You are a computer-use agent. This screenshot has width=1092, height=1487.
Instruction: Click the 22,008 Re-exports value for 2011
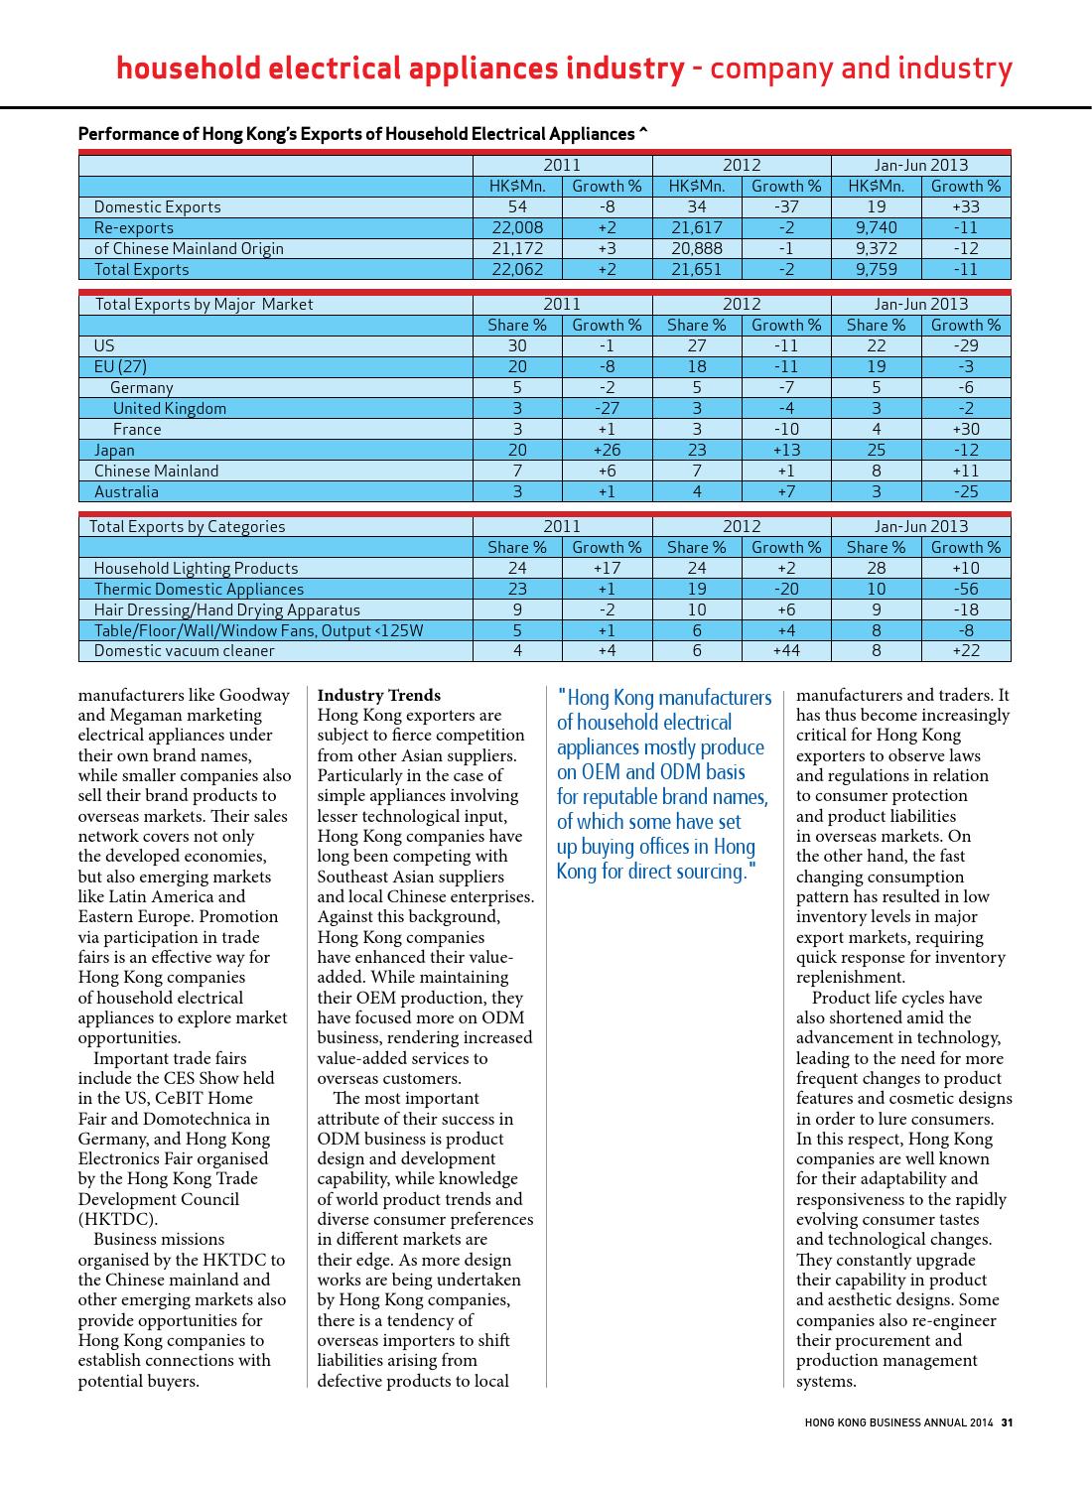click(x=517, y=227)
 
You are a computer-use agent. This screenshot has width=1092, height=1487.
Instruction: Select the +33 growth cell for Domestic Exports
click(x=965, y=206)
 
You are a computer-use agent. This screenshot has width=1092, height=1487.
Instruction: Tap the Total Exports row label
click(x=141, y=269)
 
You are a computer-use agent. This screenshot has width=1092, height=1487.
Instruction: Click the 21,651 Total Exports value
click(x=697, y=269)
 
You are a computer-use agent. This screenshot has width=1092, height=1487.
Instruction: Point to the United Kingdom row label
click(x=169, y=408)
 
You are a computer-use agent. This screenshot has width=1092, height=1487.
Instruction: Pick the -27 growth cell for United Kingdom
click(x=607, y=408)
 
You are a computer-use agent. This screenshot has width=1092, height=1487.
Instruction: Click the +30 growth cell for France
click(x=965, y=429)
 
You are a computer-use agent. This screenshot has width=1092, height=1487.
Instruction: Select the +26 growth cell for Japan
click(x=607, y=450)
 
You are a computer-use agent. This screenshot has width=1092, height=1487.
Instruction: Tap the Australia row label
click(x=126, y=491)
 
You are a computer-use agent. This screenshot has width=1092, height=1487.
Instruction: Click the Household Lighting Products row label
click(x=196, y=568)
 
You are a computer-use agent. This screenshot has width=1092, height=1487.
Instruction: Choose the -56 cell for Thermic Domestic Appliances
click(x=965, y=589)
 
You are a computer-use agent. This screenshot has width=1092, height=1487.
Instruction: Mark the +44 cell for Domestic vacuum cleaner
click(x=786, y=650)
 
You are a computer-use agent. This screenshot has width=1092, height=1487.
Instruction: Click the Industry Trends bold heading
click(x=378, y=695)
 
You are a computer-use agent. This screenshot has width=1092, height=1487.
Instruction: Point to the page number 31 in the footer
click(x=1007, y=1421)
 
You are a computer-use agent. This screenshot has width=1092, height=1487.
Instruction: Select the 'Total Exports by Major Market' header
click(x=204, y=304)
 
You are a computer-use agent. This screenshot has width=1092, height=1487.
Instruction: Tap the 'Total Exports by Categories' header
click(x=187, y=526)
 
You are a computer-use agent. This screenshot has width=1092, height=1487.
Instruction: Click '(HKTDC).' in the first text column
click(x=117, y=1219)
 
